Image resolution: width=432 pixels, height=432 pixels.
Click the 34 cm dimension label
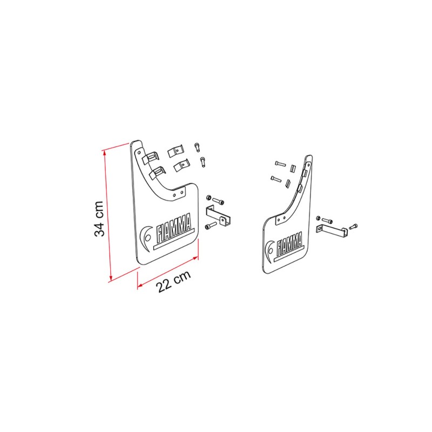click(99, 219)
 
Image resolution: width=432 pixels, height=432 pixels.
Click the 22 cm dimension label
click(174, 281)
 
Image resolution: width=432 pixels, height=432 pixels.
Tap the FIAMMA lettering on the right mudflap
click(289, 244)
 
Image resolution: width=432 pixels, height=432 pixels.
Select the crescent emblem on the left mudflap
click(145, 238)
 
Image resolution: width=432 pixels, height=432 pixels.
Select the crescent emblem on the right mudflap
click(269, 251)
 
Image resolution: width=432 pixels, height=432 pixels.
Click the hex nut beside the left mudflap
click(208, 198)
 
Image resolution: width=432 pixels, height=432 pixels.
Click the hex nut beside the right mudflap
click(318, 218)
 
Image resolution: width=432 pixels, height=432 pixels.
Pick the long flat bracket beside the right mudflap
click(332, 231)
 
